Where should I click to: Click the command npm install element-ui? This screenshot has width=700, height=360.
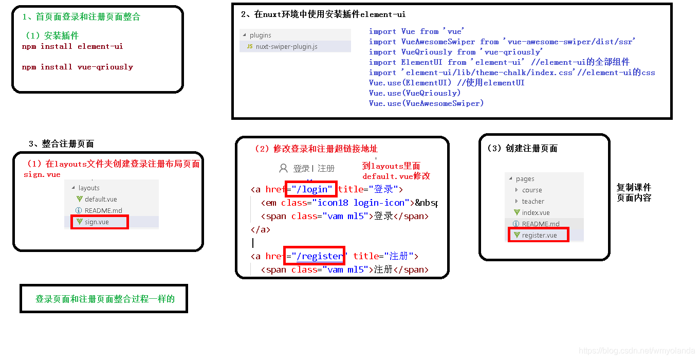(72, 46)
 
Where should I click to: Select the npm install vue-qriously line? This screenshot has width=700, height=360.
(77, 67)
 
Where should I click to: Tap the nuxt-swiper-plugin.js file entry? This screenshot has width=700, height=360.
(286, 46)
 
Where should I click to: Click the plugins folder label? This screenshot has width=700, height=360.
(260, 35)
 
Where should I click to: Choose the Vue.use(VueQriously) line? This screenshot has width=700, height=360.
(414, 93)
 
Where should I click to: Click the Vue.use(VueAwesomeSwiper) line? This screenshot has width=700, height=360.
(426, 103)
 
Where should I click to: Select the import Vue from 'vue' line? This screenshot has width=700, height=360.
(416, 31)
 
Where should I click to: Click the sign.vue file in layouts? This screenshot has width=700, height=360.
(97, 222)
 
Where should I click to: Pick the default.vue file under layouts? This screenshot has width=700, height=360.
(100, 199)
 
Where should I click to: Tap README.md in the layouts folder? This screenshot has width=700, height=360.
(103, 210)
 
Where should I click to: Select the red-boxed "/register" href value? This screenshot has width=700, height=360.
(319, 256)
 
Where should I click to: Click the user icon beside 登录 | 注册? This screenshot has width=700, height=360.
(283, 168)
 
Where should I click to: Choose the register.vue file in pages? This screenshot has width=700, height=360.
(539, 235)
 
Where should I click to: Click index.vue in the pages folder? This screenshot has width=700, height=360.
(535, 212)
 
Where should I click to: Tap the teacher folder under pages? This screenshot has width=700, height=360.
(533, 201)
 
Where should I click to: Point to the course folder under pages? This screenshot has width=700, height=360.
(532, 190)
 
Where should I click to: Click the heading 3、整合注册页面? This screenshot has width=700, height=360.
(61, 143)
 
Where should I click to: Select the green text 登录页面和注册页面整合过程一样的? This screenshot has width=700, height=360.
(105, 299)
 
